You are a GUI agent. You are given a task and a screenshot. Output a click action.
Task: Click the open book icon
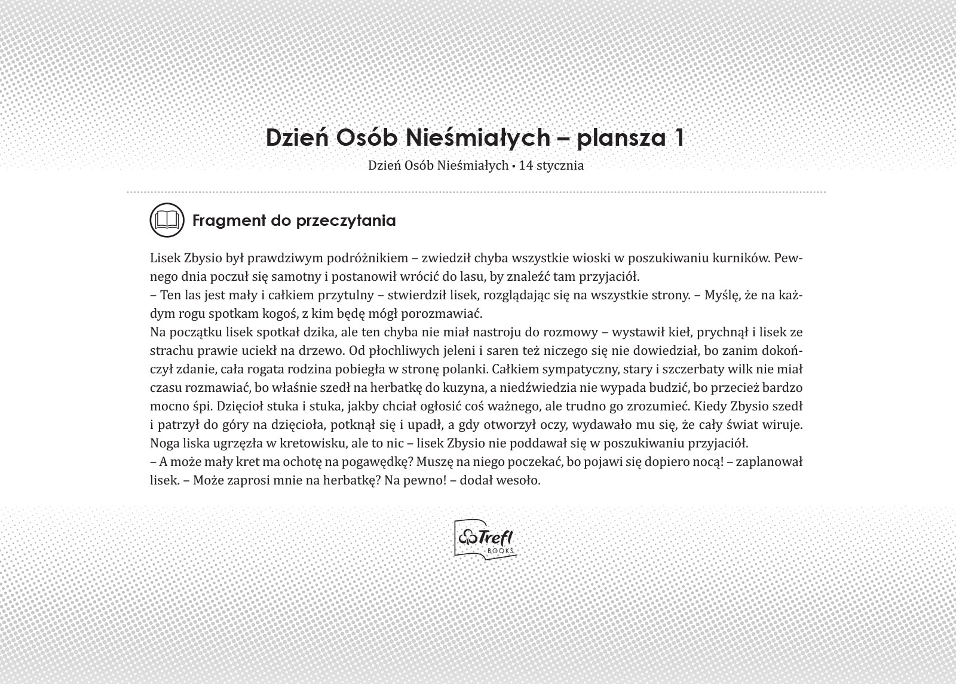(x=167, y=220)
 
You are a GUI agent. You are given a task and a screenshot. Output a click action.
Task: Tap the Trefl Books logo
(x=485, y=539)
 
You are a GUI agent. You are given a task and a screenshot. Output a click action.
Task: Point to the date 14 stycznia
(x=551, y=165)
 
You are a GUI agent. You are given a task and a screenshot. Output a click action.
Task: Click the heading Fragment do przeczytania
(x=293, y=220)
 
